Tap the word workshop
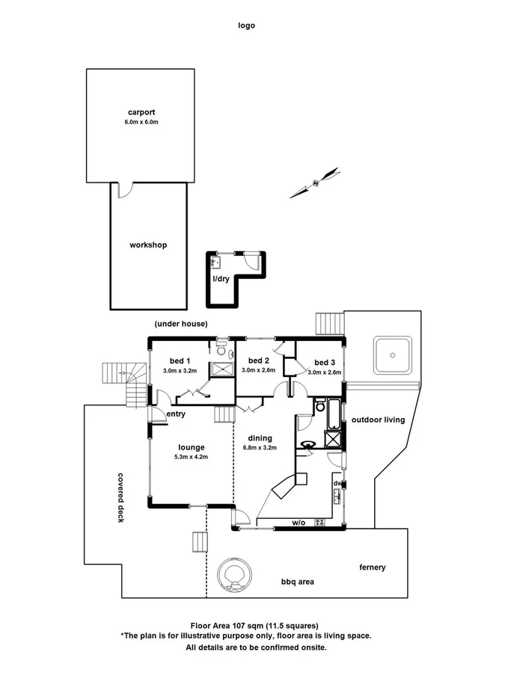click(147, 245)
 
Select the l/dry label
click(221, 279)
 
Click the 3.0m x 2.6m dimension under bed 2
click(258, 370)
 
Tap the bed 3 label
click(324, 363)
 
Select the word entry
click(176, 414)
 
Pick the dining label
click(257, 438)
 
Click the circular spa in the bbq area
click(232, 575)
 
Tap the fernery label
click(372, 568)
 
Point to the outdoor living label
click(378, 420)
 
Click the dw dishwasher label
click(337, 484)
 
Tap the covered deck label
click(120, 497)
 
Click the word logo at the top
click(246, 25)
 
